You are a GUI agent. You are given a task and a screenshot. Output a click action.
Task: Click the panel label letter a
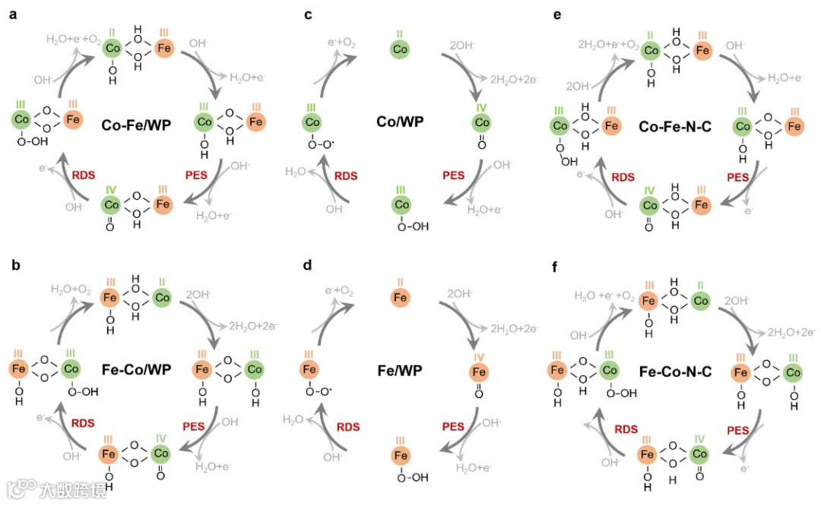13,16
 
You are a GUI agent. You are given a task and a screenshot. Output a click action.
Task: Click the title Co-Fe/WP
136,125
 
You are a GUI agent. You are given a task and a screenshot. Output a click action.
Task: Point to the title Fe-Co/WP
136,370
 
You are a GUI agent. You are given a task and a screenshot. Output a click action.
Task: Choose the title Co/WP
401,122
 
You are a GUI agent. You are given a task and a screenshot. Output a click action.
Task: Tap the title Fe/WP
400,370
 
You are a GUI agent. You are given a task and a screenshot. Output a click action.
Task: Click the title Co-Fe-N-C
674,125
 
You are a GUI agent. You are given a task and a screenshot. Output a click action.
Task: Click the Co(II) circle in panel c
401,49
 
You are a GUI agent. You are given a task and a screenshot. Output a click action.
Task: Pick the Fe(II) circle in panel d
401,297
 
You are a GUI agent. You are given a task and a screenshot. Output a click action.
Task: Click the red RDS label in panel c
346,176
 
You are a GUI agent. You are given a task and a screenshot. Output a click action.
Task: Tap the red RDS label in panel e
624,177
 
